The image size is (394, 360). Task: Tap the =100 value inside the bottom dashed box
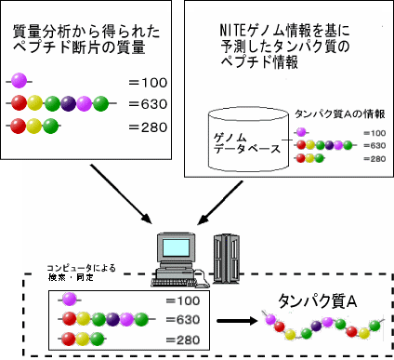(181, 300)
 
